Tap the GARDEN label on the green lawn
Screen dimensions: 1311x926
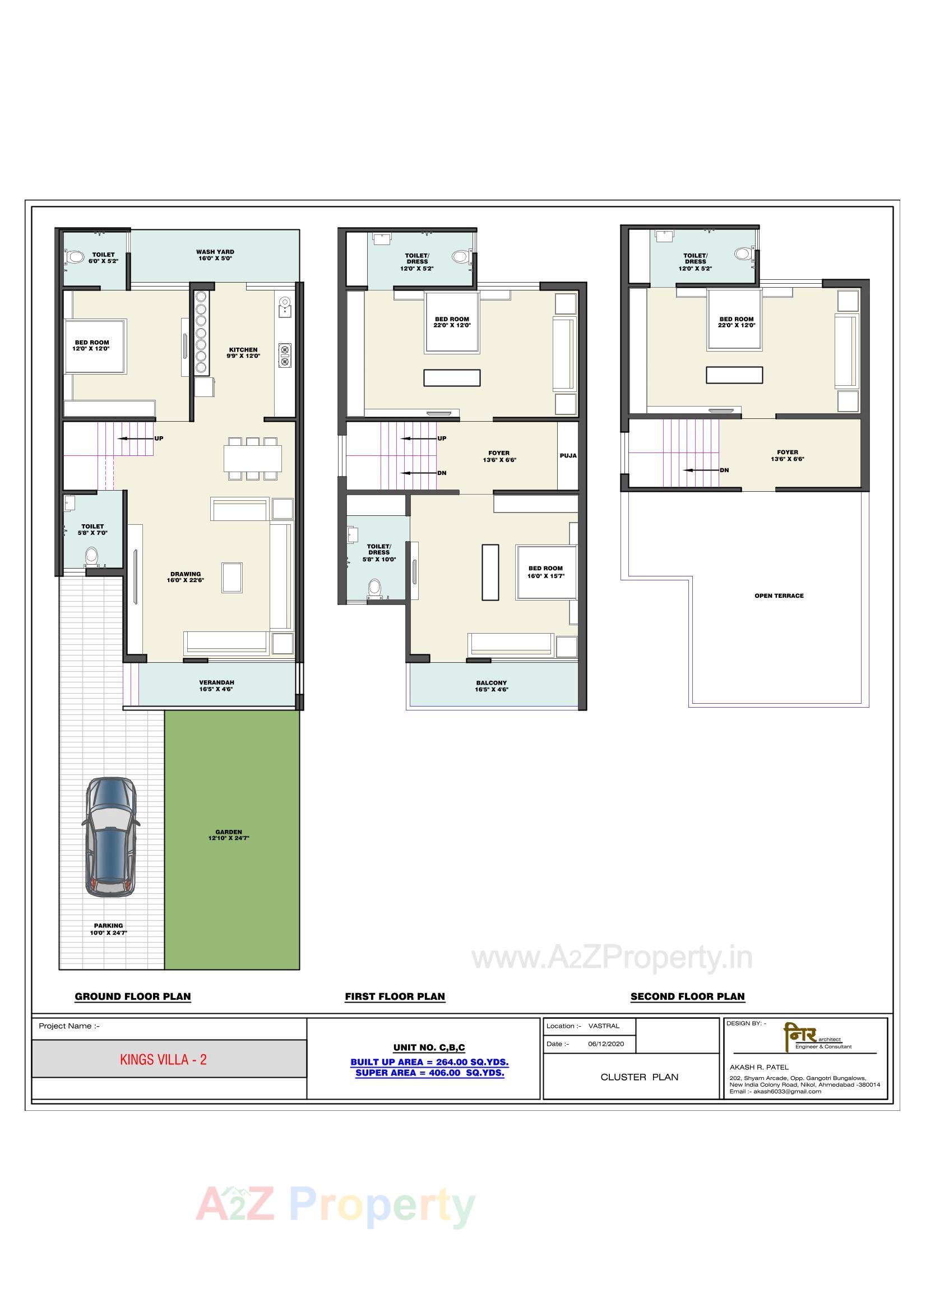(228, 835)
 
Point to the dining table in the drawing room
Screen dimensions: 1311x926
(252, 458)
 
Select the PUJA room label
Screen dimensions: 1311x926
(567, 456)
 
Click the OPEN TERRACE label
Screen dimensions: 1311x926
(779, 596)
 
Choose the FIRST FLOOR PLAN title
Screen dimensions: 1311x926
(395, 996)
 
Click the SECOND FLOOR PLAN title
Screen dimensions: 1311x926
(687, 996)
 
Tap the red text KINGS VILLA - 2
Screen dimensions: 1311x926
(163, 1060)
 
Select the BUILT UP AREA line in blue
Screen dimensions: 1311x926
(429, 1062)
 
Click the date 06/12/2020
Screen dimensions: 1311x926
(606, 1044)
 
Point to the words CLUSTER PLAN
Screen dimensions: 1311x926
(639, 1077)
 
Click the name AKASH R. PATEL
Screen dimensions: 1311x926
(759, 1067)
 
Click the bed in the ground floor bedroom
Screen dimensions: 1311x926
(95, 346)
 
